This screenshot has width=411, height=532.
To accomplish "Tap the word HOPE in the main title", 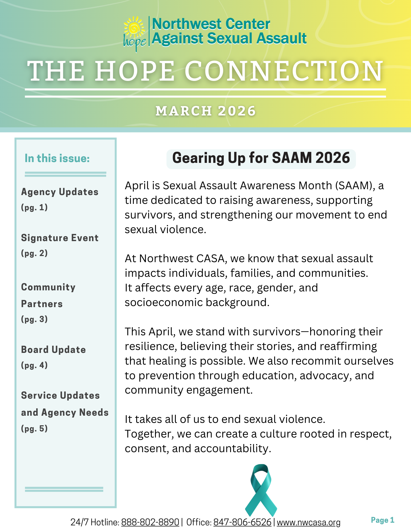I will tap(134, 71).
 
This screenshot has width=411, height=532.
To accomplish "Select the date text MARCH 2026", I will tap(206, 111).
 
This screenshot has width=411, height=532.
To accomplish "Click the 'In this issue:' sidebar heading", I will tap(57, 158).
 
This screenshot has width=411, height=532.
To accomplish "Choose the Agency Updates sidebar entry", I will tap(60, 192).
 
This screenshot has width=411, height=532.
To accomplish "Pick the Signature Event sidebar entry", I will tap(60, 238).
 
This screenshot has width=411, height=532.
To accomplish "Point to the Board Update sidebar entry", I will tap(53, 350).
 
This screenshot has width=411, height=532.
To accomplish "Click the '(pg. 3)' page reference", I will tap(34, 319).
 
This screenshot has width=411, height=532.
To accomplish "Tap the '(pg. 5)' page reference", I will tap(34, 428).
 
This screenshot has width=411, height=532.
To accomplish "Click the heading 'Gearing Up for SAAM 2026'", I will tap(261, 158).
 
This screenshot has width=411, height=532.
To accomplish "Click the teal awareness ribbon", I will tap(261, 490).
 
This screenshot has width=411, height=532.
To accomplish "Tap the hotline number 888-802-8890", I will tap(150, 522).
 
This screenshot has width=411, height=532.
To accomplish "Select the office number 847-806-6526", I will tap(242, 522).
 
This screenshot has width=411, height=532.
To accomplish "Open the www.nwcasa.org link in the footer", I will tap(309, 522).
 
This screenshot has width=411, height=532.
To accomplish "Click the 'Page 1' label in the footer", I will tap(382, 520).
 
